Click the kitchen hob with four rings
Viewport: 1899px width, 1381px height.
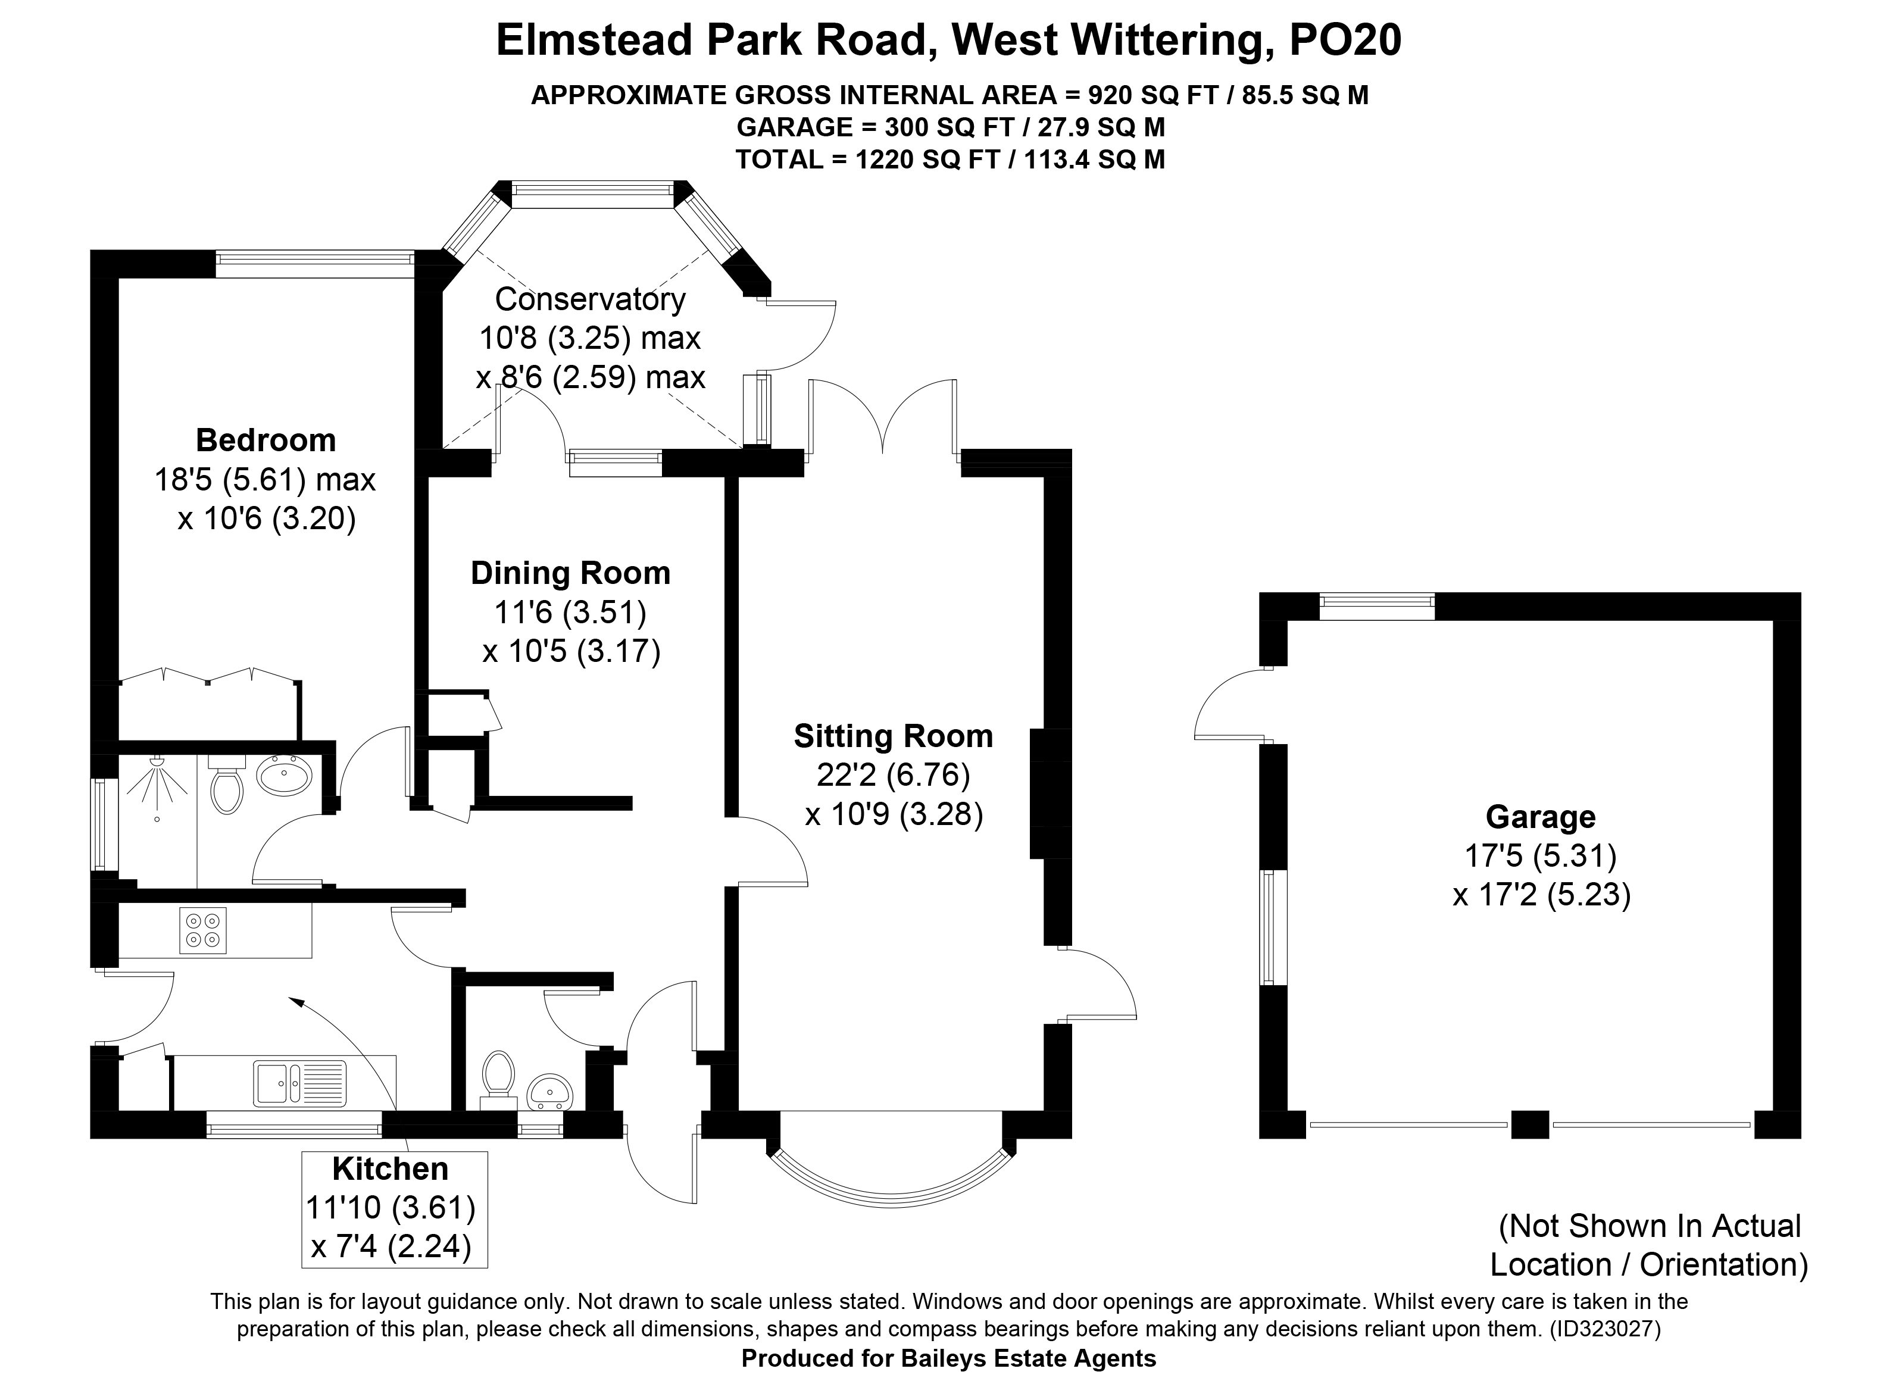coord(202,930)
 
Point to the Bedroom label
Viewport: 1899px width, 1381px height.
coord(266,440)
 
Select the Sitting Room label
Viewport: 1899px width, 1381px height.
coord(894,736)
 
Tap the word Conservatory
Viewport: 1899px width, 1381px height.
coord(591,299)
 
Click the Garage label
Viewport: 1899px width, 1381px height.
coord(1541,817)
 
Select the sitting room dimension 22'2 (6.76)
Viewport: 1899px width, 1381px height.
coord(894,774)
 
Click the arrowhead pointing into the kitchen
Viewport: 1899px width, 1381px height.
coord(295,1000)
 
